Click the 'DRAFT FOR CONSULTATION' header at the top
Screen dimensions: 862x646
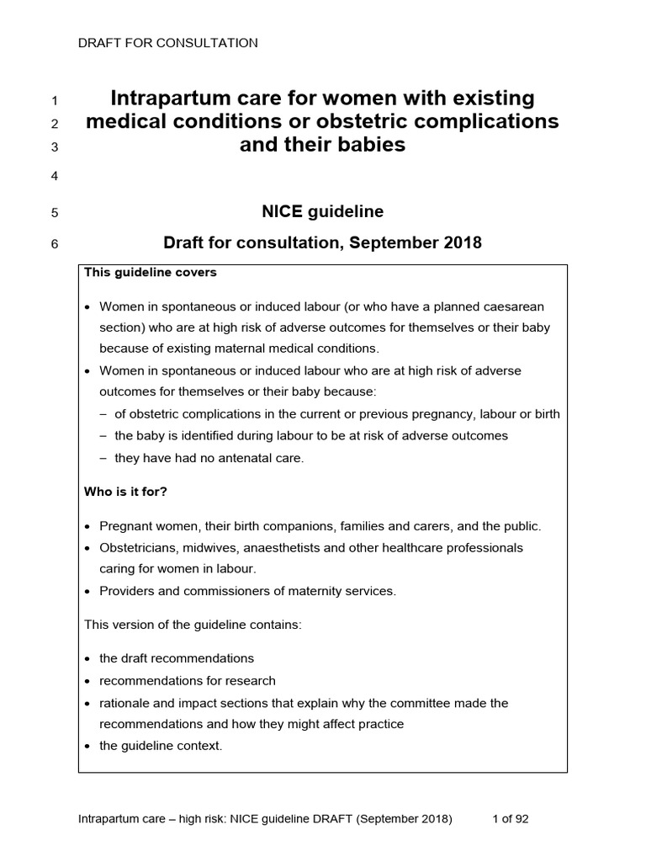(x=167, y=43)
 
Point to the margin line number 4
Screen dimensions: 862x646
(x=55, y=177)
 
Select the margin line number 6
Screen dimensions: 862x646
(x=55, y=246)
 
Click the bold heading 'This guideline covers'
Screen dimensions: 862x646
(x=150, y=273)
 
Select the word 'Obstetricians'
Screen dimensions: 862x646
(x=139, y=547)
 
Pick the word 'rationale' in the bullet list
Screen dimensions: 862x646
(x=126, y=702)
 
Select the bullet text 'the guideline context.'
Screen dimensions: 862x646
(x=161, y=745)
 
